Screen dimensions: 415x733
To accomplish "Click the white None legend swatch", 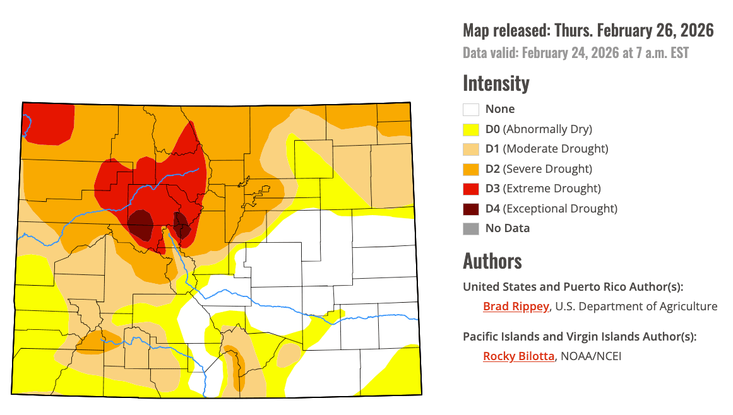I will click(x=471, y=109).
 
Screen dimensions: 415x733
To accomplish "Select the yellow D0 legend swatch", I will click(x=471, y=129).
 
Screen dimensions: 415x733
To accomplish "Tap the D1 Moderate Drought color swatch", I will click(x=471, y=149).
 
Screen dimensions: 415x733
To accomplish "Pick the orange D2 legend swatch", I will click(x=471, y=169).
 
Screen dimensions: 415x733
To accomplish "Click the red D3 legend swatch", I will click(x=471, y=189).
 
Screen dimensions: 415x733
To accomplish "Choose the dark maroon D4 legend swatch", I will click(x=471, y=208).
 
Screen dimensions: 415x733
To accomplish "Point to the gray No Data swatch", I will click(x=471, y=228).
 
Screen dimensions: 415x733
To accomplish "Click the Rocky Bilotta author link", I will click(x=518, y=356).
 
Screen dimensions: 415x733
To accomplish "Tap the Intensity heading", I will click(x=496, y=83).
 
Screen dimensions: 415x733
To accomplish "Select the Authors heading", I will click(x=492, y=260).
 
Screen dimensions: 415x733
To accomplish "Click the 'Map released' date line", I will click(x=588, y=30).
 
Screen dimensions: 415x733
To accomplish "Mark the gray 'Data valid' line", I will click(x=575, y=52).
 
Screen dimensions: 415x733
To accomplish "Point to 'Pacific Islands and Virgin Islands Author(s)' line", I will click(x=579, y=336).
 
